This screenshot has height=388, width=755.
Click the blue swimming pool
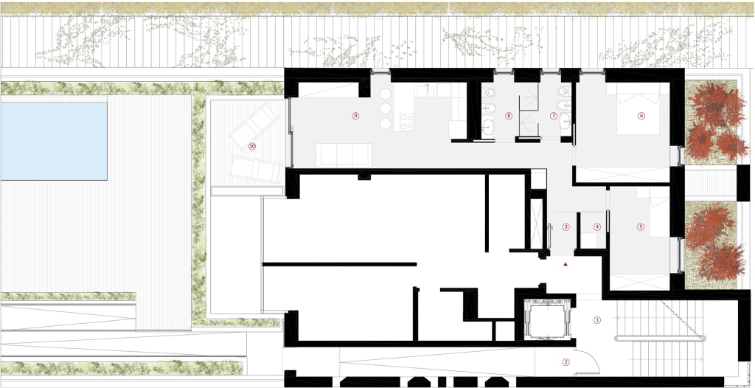tap(53, 141)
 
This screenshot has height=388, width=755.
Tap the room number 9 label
tap(355, 116)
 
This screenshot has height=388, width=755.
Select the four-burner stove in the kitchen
tap(407, 122)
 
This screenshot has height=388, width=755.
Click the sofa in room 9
tap(344, 154)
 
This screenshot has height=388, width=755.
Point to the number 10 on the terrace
tap(252, 146)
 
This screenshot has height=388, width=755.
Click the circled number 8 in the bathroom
tap(509, 116)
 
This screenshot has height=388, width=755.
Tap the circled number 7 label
tap(553, 116)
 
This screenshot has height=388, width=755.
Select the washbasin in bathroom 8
tap(488, 127)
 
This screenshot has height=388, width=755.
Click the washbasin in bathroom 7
tap(565, 121)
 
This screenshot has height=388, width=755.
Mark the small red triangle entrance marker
tap(566, 264)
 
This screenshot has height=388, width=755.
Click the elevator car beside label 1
tap(549, 319)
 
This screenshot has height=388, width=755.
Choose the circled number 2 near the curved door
tap(566, 361)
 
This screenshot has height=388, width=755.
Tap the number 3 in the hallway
tap(566, 226)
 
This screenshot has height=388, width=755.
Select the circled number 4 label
tap(597, 226)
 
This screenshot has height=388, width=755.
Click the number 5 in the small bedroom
tap(641, 226)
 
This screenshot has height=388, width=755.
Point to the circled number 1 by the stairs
tap(597, 319)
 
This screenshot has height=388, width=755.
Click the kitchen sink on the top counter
tap(428, 90)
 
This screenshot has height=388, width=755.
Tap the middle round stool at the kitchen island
tap(386, 108)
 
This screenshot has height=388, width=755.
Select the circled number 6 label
tap(641, 116)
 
